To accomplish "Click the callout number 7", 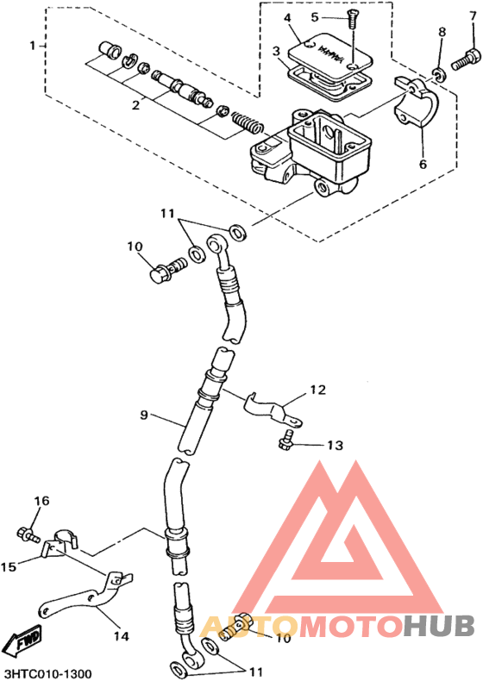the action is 473,17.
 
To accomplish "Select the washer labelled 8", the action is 440,74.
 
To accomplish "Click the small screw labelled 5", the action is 351,20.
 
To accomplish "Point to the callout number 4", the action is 287,18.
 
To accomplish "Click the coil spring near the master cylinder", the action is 247,122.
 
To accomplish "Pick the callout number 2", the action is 136,104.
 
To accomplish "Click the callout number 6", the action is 423,164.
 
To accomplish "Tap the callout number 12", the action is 317,390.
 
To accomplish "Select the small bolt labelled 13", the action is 285,440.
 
